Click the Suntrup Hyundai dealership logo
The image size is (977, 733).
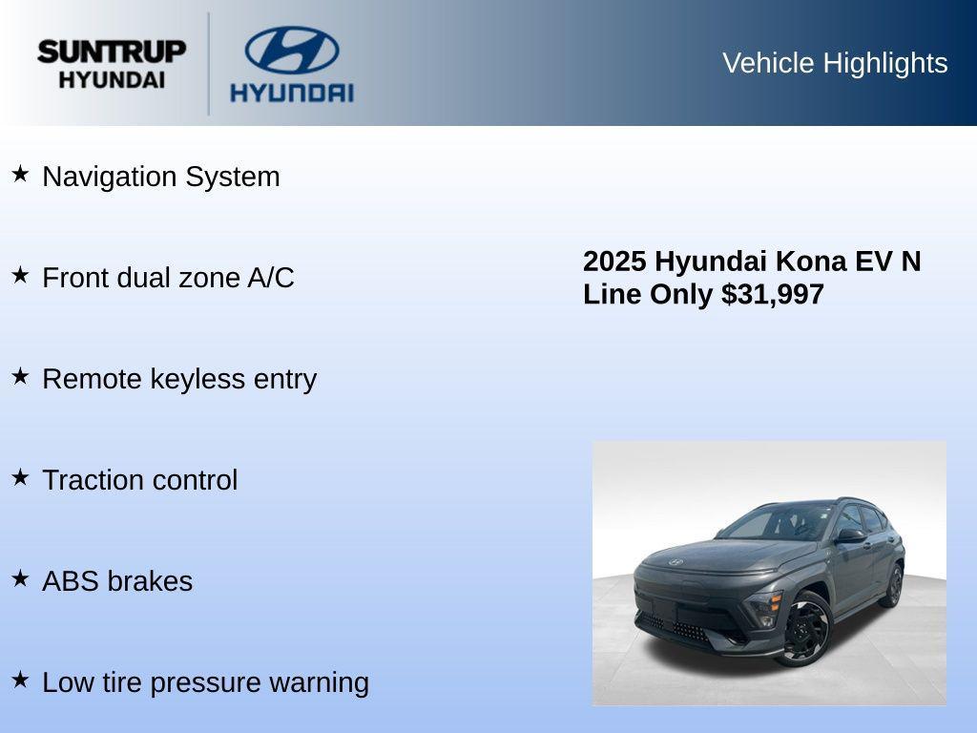click(112, 64)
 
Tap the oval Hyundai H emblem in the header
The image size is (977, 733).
click(292, 50)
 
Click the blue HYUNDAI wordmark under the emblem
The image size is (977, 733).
click(292, 93)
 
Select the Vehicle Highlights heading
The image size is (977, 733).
click(835, 63)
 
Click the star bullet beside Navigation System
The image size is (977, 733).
click(20, 174)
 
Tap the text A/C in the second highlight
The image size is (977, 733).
click(271, 278)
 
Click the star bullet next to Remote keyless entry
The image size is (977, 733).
click(20, 376)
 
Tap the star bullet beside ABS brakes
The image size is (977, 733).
click(20, 578)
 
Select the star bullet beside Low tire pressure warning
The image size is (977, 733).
click(20, 680)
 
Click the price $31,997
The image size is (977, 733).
click(773, 295)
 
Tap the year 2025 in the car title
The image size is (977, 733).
click(615, 262)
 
